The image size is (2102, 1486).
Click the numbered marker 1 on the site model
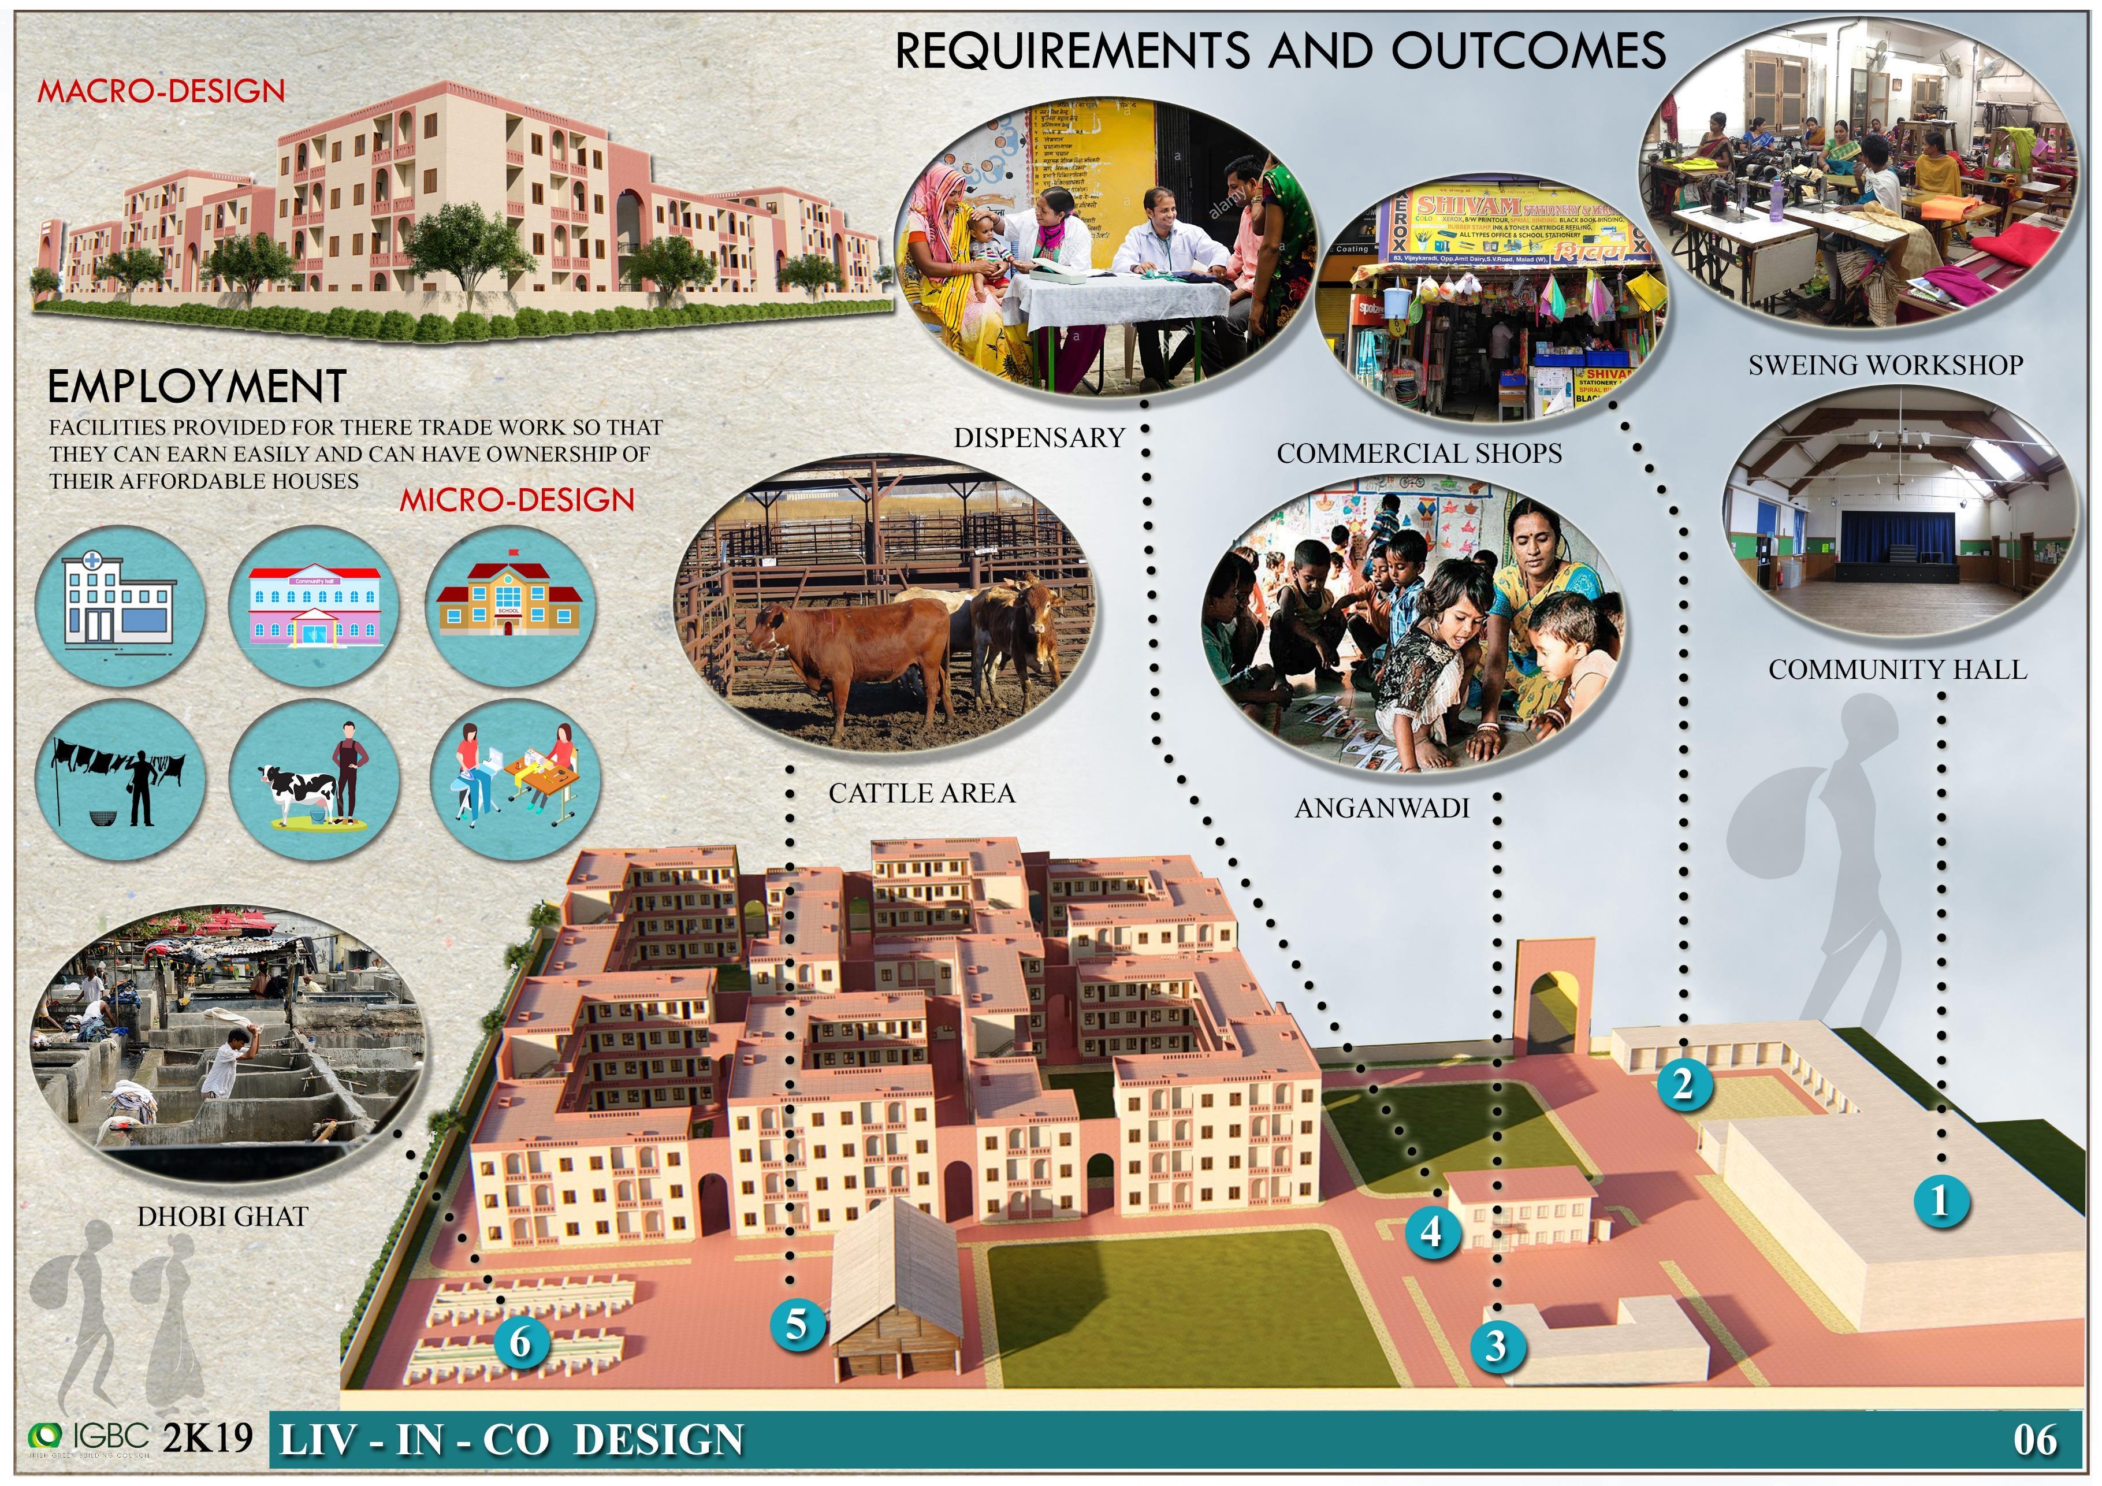point(1939,1201)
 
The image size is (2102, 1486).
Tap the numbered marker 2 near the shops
point(1683,1084)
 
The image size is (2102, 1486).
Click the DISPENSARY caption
point(1039,437)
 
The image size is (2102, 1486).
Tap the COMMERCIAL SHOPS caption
point(1419,453)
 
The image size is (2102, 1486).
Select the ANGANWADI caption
point(1382,808)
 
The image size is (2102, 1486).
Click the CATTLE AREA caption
point(922,793)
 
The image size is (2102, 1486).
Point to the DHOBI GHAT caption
point(222,1216)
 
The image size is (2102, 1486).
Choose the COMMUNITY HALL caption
point(1898,669)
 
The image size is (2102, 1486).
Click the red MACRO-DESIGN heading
point(161,91)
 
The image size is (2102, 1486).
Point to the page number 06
point(2034,1440)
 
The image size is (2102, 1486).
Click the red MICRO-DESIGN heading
point(517,500)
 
